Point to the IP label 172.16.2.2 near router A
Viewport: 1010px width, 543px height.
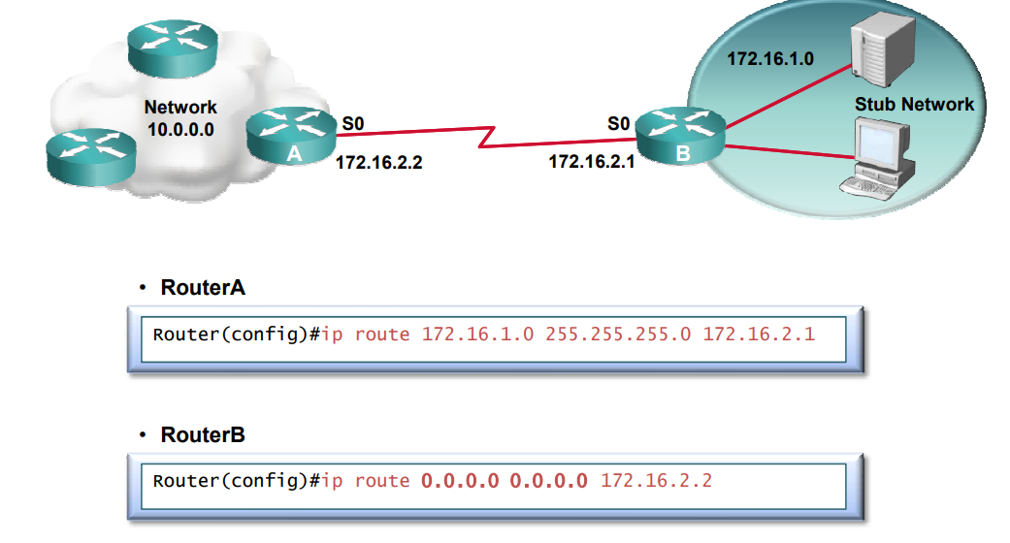coord(378,163)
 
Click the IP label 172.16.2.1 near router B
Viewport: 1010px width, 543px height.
coord(592,162)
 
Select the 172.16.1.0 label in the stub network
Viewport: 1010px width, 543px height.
coord(770,59)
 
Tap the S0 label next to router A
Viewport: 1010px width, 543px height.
coord(353,123)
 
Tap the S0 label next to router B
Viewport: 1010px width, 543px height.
coord(618,123)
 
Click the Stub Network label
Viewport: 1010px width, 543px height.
coord(914,104)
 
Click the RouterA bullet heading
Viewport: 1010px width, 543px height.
coord(202,288)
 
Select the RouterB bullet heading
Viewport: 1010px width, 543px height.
coord(202,434)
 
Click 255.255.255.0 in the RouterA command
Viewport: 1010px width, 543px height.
coord(619,335)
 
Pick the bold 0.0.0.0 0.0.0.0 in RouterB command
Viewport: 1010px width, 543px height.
coord(505,480)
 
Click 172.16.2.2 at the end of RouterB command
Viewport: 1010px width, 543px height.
coord(657,480)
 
